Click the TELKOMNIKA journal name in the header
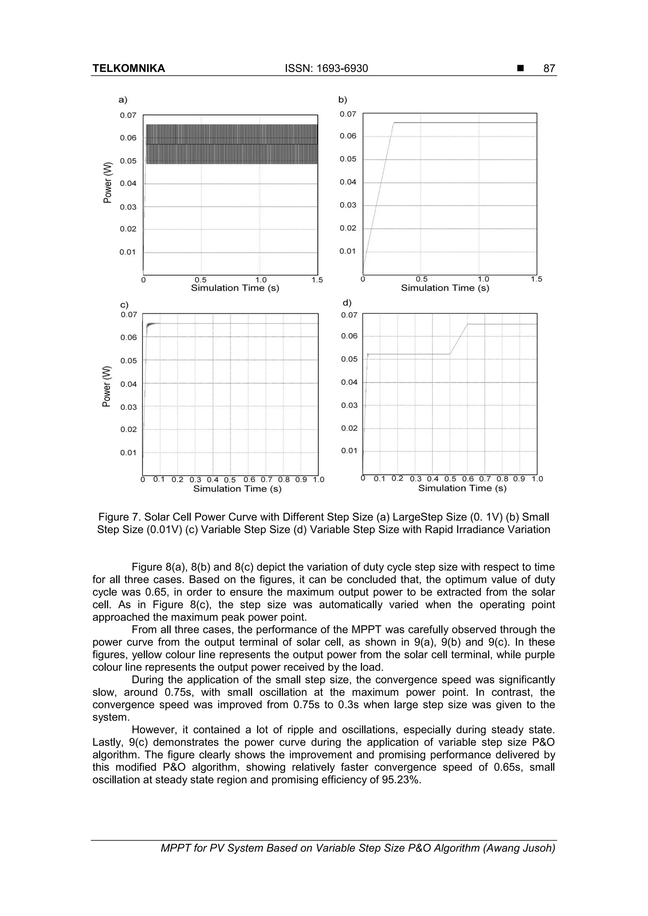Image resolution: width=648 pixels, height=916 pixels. pyautogui.click(x=128, y=69)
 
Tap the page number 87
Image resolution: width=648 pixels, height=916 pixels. pyautogui.click(x=549, y=69)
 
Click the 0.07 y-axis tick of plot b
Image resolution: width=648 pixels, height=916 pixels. pyautogui.click(x=348, y=114)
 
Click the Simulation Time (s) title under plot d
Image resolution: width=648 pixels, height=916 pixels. pyautogui.click(x=462, y=488)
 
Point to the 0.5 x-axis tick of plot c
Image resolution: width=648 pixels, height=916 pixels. pyautogui.click(x=230, y=480)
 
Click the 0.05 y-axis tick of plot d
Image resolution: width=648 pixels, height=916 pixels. pyautogui.click(x=349, y=359)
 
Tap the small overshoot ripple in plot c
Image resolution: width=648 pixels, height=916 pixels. pyautogui.click(x=151, y=324)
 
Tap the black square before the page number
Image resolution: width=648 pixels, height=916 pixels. pyautogui.click(x=520, y=69)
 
